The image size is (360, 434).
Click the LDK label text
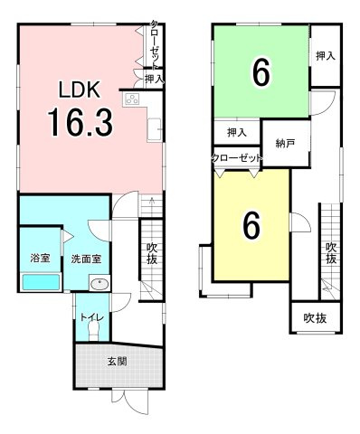pos(80,90)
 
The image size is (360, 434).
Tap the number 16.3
pos(81,123)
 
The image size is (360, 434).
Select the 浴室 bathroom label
pos(41,259)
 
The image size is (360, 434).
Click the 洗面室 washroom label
pos(86,259)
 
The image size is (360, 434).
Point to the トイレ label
pos(92,317)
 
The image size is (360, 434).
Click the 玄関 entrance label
pos(117,362)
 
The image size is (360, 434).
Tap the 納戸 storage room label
pos(285,144)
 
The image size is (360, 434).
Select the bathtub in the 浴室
pos(42,282)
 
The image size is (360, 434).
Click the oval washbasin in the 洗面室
pos(99,284)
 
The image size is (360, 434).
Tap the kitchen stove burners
pos(132,99)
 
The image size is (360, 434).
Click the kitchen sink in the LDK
pos(155,130)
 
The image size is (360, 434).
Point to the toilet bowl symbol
pos(93,332)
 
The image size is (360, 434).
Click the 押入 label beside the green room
pos(326,56)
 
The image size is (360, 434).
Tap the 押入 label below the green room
pos(237,133)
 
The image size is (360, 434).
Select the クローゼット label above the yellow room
pos(237,158)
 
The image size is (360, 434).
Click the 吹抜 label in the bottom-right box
pos(315,318)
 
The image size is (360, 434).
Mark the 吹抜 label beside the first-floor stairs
pos(152,253)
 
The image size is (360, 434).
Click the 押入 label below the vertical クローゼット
pos(155,80)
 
